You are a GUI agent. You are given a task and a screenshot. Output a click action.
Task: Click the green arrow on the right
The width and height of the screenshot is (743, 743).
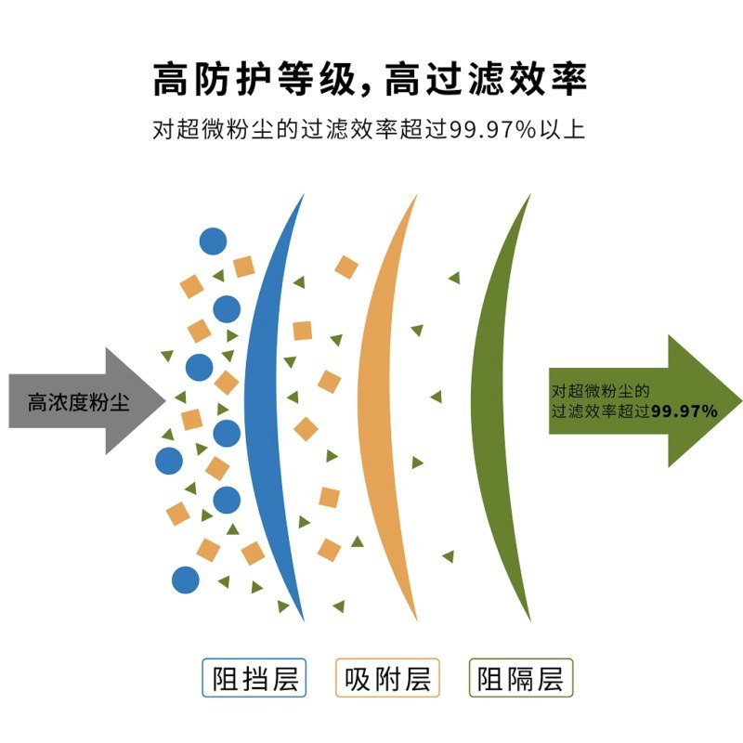(x=650, y=401)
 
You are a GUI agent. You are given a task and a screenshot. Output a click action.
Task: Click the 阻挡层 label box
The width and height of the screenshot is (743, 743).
(x=254, y=679)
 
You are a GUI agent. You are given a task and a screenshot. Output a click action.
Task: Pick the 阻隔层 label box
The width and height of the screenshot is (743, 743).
(x=521, y=679)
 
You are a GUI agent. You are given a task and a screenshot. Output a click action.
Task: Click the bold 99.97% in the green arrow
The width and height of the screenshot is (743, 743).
(x=683, y=410)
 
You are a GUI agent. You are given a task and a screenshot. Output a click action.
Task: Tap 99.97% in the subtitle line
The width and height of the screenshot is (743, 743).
(x=493, y=130)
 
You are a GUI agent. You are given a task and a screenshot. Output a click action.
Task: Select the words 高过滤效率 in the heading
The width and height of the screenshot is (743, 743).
(x=483, y=79)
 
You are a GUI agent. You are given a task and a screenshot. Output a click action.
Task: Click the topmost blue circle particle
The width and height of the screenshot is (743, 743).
(x=213, y=241)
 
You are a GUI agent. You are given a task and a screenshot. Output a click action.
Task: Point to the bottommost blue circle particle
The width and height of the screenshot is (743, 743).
(x=186, y=580)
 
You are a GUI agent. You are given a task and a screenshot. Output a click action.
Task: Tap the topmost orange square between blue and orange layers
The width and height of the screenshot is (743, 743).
(x=346, y=267)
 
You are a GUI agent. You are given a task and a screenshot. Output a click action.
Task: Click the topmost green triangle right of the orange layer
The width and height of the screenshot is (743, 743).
(x=454, y=277)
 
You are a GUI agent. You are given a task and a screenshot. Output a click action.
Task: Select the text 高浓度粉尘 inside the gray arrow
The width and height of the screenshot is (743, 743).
(x=78, y=402)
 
